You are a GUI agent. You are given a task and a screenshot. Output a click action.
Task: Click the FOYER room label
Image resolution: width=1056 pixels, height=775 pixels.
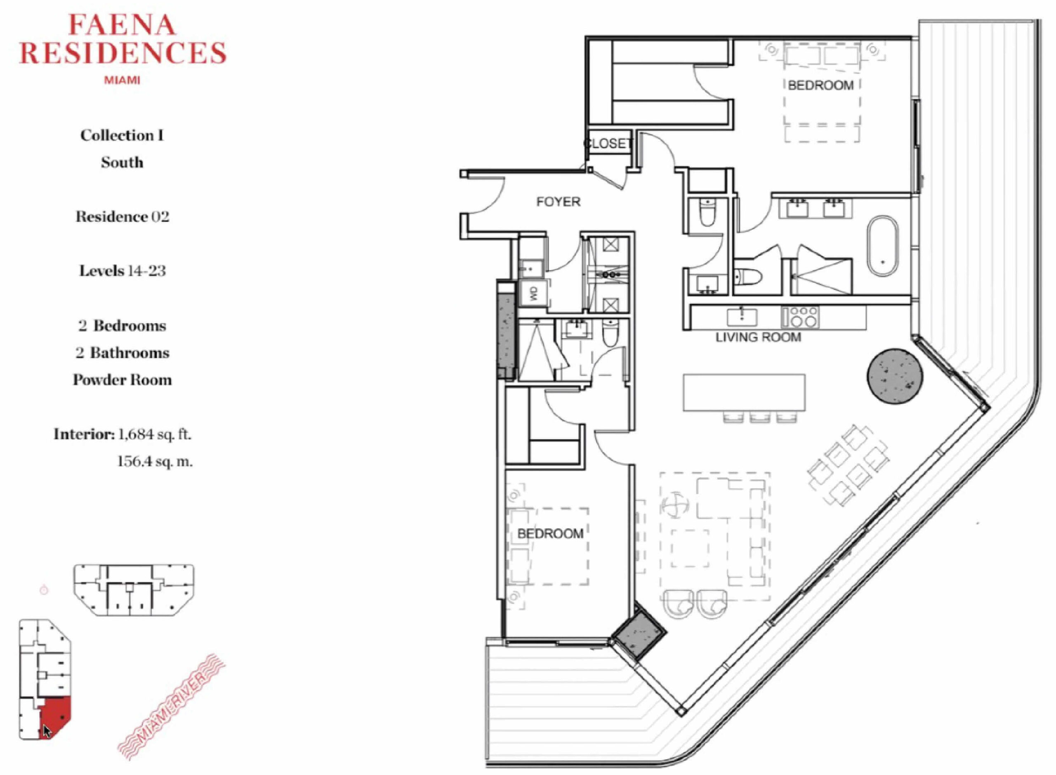coord(558,202)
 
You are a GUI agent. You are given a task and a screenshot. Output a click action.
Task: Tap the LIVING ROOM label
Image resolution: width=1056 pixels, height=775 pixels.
coord(758,337)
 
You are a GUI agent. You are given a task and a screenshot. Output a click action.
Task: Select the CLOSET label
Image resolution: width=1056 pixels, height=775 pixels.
coord(608,143)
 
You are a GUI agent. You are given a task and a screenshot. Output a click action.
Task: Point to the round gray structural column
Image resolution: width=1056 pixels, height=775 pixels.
coord(895,376)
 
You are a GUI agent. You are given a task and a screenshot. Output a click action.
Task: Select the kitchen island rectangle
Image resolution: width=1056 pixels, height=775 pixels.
coord(744,393)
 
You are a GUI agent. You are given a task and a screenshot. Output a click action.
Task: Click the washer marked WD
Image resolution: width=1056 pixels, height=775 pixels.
coord(533,294)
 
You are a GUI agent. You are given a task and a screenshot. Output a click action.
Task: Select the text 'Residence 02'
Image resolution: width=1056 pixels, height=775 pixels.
coord(123,217)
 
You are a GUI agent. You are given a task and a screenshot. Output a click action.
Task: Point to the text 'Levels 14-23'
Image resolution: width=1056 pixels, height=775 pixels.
coord(123,271)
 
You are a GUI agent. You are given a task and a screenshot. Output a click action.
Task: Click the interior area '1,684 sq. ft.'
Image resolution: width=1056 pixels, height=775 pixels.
coord(155,434)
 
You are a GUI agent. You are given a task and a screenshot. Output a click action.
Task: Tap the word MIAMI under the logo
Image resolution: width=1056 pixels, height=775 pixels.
coord(122,80)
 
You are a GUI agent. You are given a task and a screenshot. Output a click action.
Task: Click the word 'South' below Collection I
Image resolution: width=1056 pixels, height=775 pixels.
coord(122,162)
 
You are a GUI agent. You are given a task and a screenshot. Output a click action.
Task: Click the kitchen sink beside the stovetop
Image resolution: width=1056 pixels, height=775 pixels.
coord(742,317)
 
